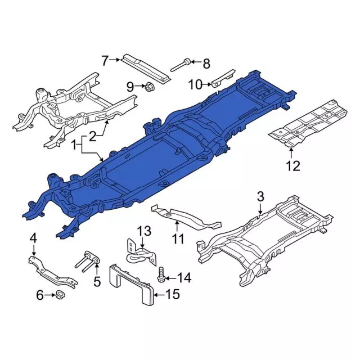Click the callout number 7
coord(105,60)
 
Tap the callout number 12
coord(293,166)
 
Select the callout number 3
coord(260,196)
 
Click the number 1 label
coord(74,146)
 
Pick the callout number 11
coord(178,239)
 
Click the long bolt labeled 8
coord(180,66)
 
